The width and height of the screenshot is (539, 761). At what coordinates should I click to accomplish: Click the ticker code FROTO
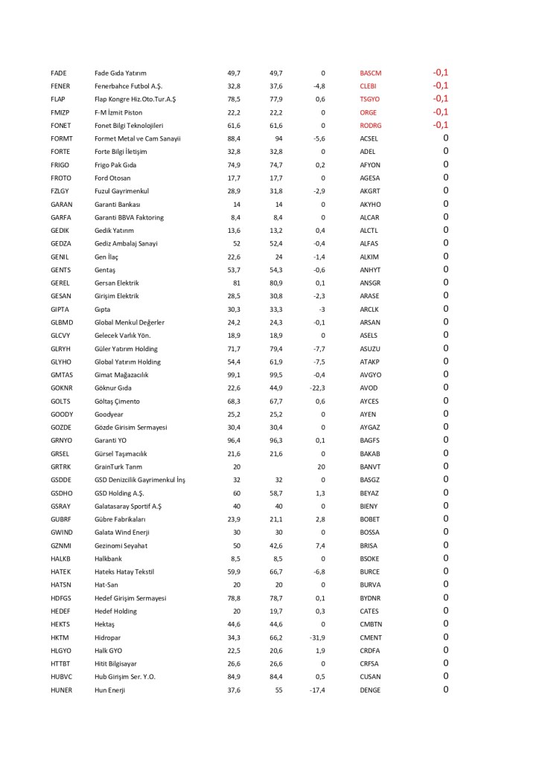[x=60, y=178]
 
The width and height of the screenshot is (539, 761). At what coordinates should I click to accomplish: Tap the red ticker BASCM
[x=370, y=73]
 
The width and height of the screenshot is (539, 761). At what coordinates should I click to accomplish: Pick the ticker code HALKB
[x=60, y=558]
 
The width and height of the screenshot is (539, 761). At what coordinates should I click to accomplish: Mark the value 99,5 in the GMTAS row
[x=276, y=375]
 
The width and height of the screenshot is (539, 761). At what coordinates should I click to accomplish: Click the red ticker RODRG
[x=370, y=125]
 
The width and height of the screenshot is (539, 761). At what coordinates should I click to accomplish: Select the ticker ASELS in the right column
[x=369, y=335]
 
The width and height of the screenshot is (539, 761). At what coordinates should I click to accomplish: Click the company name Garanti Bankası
[x=118, y=204]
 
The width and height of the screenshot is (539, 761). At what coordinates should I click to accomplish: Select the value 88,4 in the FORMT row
[x=234, y=138]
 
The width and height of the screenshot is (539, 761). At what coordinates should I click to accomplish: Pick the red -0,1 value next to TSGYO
[x=440, y=98]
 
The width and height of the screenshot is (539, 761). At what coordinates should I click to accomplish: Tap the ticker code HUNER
[x=61, y=690]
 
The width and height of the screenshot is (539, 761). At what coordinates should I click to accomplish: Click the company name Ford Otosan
[x=112, y=178]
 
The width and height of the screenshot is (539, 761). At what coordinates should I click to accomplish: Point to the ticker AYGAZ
[x=369, y=427]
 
